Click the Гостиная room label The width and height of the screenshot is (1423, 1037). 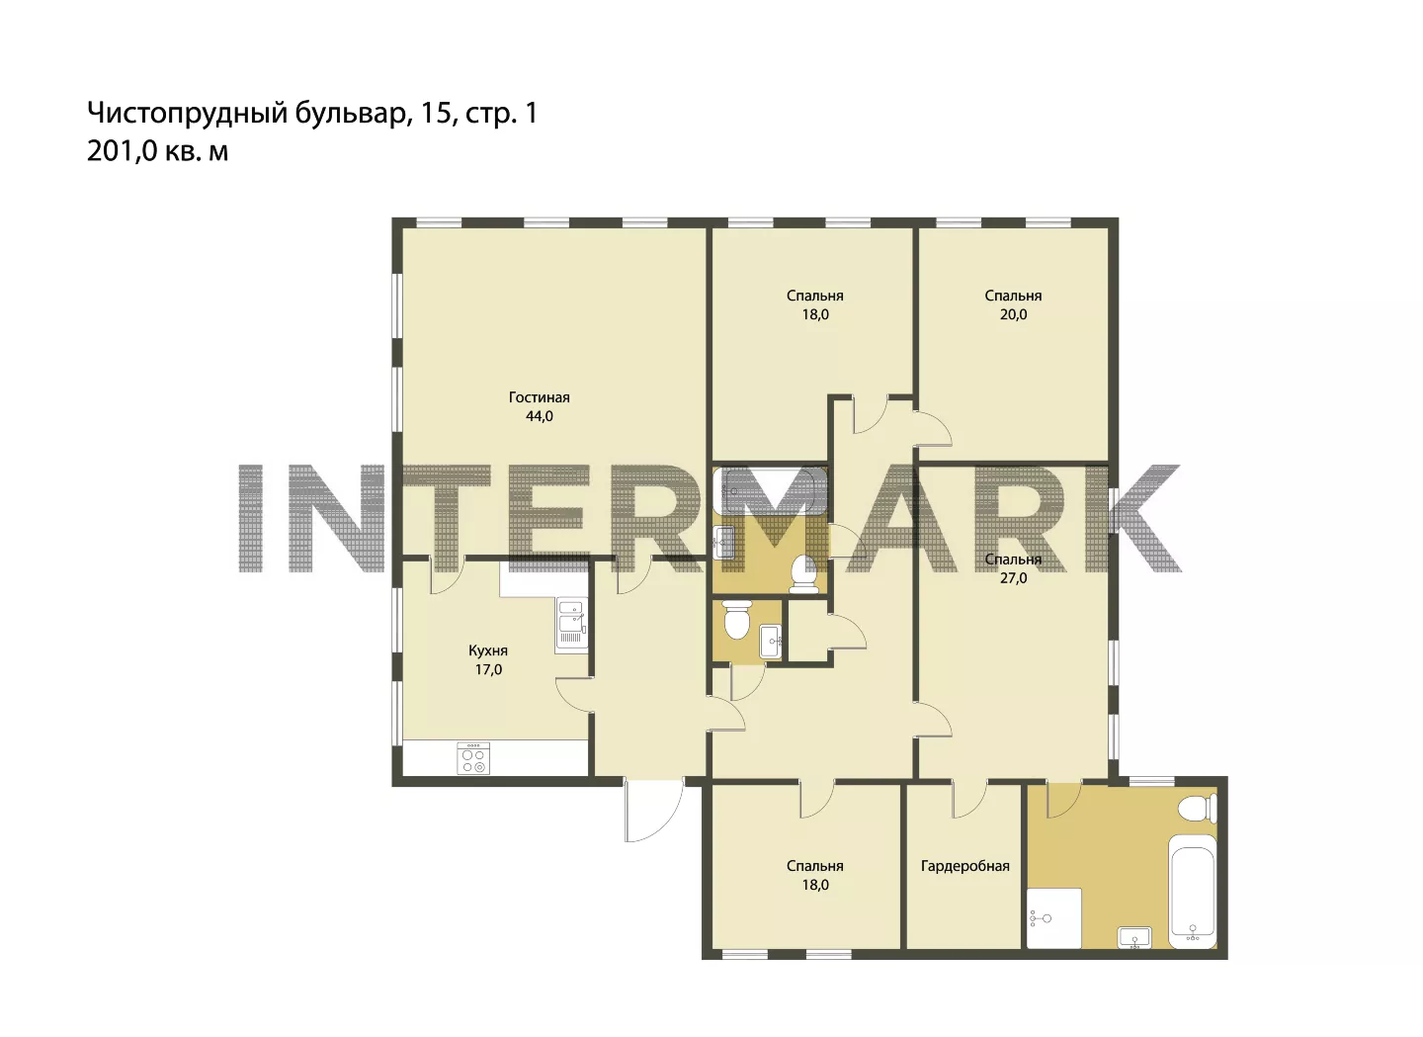coord(539,397)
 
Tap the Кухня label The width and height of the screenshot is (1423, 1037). coord(488,650)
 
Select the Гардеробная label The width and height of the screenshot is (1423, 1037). coord(964,866)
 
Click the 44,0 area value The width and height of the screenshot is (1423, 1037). coord(539,417)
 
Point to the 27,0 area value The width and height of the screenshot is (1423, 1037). coord(1013,579)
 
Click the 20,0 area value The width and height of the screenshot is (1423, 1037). coord(1013,314)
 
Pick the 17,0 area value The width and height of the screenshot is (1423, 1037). coord(488,669)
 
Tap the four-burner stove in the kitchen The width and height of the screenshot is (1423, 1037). coord(473,758)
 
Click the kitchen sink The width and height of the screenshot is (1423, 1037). coord(571,625)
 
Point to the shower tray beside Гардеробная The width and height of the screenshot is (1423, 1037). coord(1054,918)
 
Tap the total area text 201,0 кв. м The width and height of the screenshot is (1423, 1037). coord(157,152)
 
